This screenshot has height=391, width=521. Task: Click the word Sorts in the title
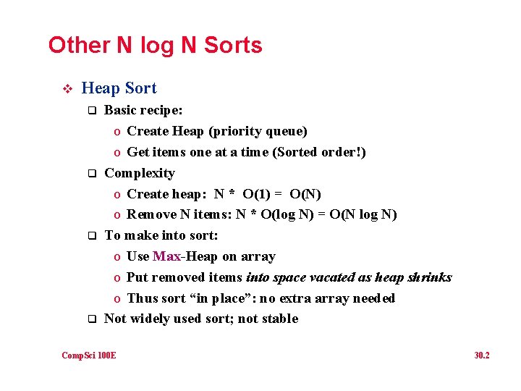tap(233, 46)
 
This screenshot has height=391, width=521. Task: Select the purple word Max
tap(166, 256)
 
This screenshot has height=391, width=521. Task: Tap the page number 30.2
tap(482, 356)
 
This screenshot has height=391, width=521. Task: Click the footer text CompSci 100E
tap(89, 356)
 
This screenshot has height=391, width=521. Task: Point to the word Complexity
tap(140, 173)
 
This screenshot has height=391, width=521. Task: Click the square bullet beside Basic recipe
tap(92, 111)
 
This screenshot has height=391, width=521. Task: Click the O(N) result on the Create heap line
tap(305, 194)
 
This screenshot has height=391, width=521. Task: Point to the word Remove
tap(151, 214)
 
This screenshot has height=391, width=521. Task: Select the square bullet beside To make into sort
tap(92, 236)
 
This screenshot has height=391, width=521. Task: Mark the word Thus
tap(142, 298)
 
